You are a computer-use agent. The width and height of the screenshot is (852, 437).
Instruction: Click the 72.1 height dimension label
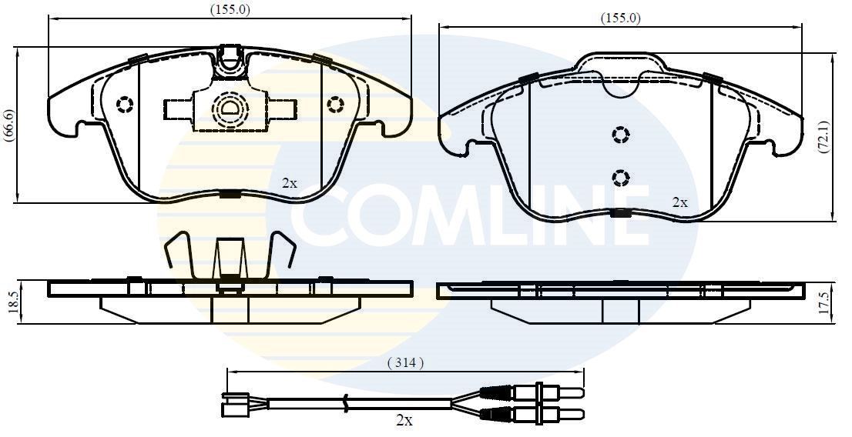tap(823, 137)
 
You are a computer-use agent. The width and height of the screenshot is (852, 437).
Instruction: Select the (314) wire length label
tap(405, 363)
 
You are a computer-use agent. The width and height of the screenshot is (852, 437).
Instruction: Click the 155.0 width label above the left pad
tap(230, 9)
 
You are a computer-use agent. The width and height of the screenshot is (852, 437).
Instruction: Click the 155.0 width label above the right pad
tap(620, 18)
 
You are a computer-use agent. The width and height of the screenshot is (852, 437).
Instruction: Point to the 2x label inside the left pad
tap(289, 183)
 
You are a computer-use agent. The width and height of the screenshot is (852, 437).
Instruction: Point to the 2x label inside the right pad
tap(679, 202)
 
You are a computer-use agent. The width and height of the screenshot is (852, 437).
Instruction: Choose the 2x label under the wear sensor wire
tap(404, 420)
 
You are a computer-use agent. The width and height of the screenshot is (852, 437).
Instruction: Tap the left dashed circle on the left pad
tap(125, 104)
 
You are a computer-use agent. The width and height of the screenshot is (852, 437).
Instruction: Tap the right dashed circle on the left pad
tap(334, 104)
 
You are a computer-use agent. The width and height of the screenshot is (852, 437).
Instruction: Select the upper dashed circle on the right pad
tap(621, 135)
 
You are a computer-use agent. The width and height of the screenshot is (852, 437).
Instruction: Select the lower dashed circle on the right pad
tap(621, 178)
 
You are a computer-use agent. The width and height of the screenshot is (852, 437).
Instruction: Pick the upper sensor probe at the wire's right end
tap(539, 392)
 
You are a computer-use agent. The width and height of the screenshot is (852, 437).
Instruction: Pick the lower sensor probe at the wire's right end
tap(539, 415)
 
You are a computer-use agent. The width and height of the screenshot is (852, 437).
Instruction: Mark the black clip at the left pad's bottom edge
tap(230, 194)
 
